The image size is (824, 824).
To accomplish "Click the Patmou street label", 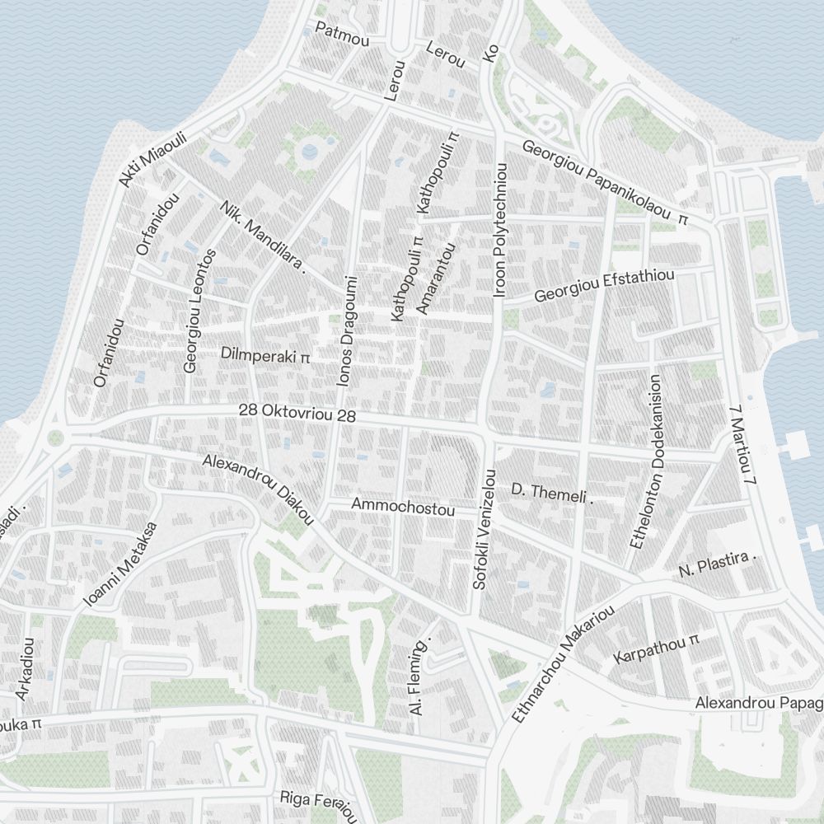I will (342, 34).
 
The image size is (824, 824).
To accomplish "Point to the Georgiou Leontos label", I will (200, 311).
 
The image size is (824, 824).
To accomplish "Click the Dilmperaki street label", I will (265, 355).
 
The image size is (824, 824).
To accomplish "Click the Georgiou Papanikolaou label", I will (604, 184).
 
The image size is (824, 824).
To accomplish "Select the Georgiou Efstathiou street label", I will (605, 285).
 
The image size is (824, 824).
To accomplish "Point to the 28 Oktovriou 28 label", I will (297, 413).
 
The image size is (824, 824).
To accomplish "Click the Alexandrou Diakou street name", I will (258, 489).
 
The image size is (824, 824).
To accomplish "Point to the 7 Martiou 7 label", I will (743, 443).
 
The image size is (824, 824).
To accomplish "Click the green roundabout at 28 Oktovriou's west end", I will (55, 438).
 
